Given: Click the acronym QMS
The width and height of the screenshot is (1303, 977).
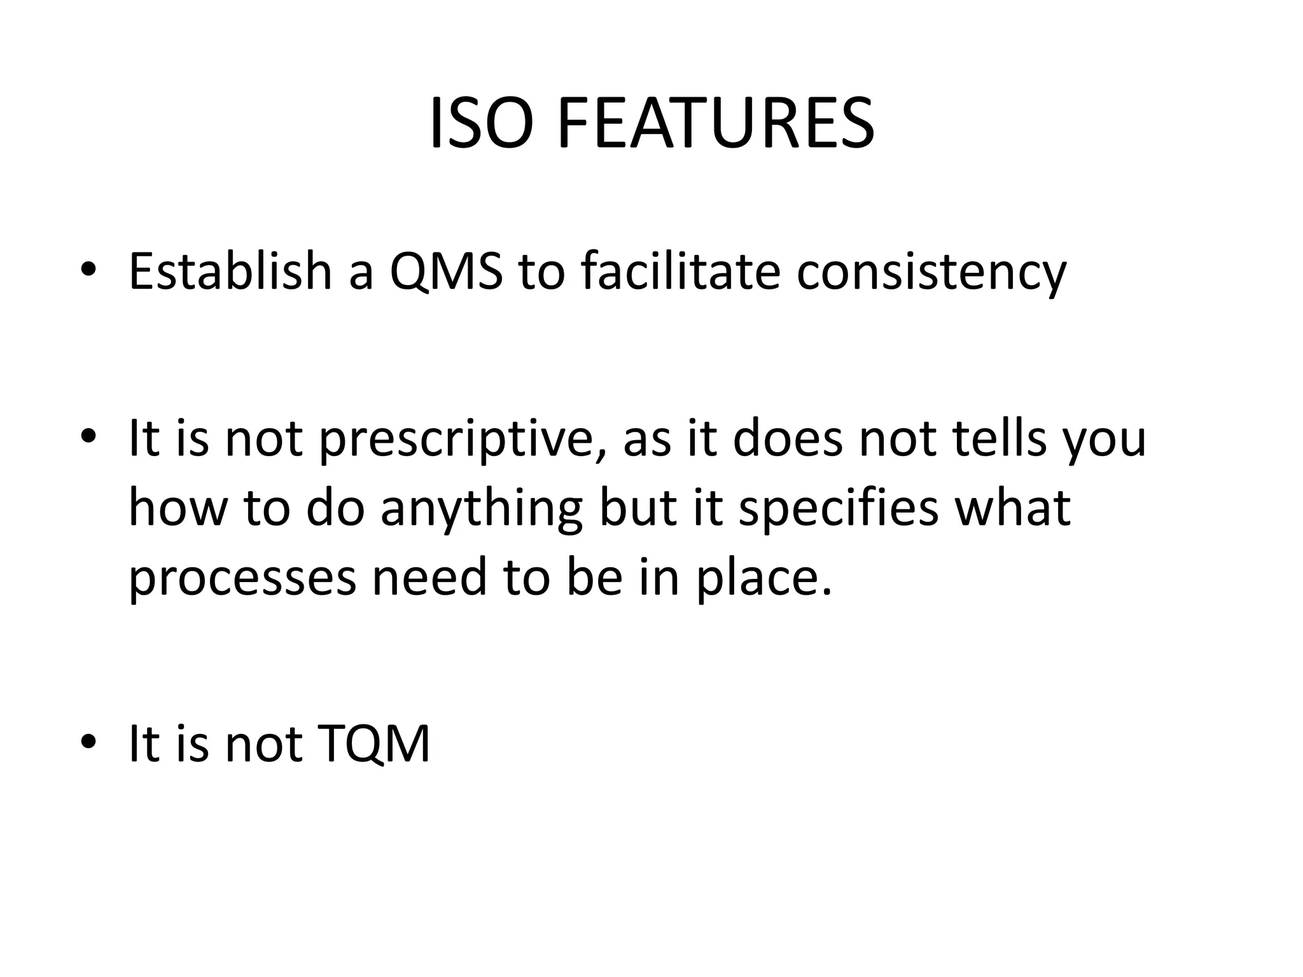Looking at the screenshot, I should [446, 272].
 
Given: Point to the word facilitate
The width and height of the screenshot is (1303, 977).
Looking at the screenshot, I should [681, 272].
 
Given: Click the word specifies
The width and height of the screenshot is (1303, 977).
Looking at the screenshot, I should [838, 509].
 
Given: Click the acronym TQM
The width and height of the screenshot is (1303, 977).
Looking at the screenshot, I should [376, 744].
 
